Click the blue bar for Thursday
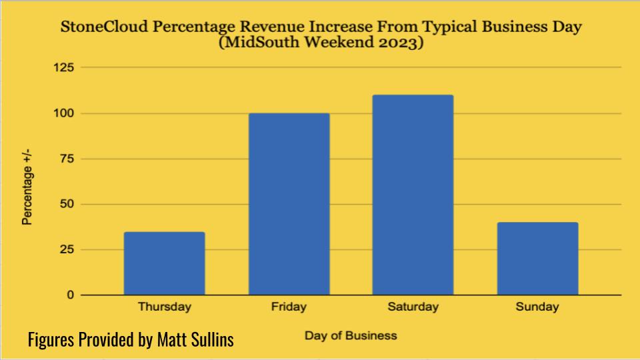(164, 263)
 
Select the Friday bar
(289, 204)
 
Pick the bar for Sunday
(537, 259)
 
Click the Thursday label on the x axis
(164, 307)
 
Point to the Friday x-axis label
(289, 307)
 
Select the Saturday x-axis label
(413, 307)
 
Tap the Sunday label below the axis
(537, 307)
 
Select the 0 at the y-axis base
(69, 295)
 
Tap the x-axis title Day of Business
(351, 335)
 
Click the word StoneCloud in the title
(99, 29)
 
